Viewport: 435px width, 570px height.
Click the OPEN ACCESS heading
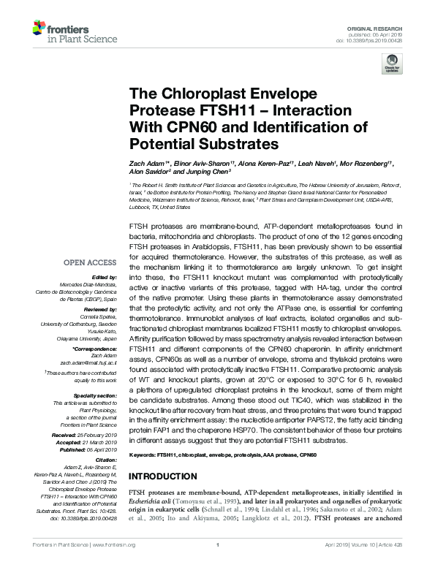click(x=94, y=262)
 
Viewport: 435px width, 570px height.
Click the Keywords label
click(x=142, y=455)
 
